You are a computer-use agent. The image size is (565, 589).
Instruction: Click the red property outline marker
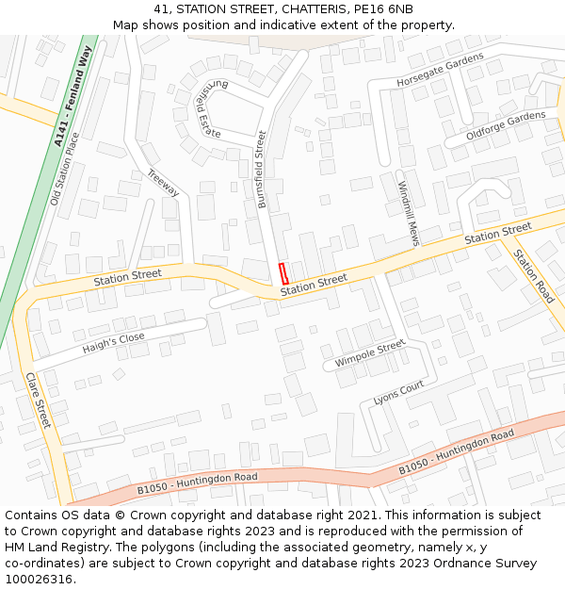[283, 273]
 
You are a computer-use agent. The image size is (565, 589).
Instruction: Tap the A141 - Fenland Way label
[73, 97]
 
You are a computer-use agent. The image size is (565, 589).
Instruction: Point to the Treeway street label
[163, 182]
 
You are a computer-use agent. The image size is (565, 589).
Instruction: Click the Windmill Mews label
[408, 213]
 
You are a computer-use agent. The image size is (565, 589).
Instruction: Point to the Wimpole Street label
[369, 354]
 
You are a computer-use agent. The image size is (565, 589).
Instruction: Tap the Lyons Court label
[398, 393]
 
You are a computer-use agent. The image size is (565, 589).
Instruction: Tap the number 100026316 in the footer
[40, 579]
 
